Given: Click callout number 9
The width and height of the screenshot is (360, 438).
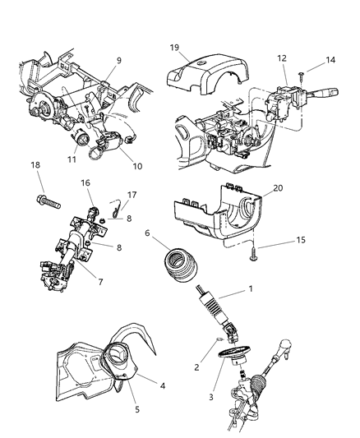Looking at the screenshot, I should click(x=118, y=59).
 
